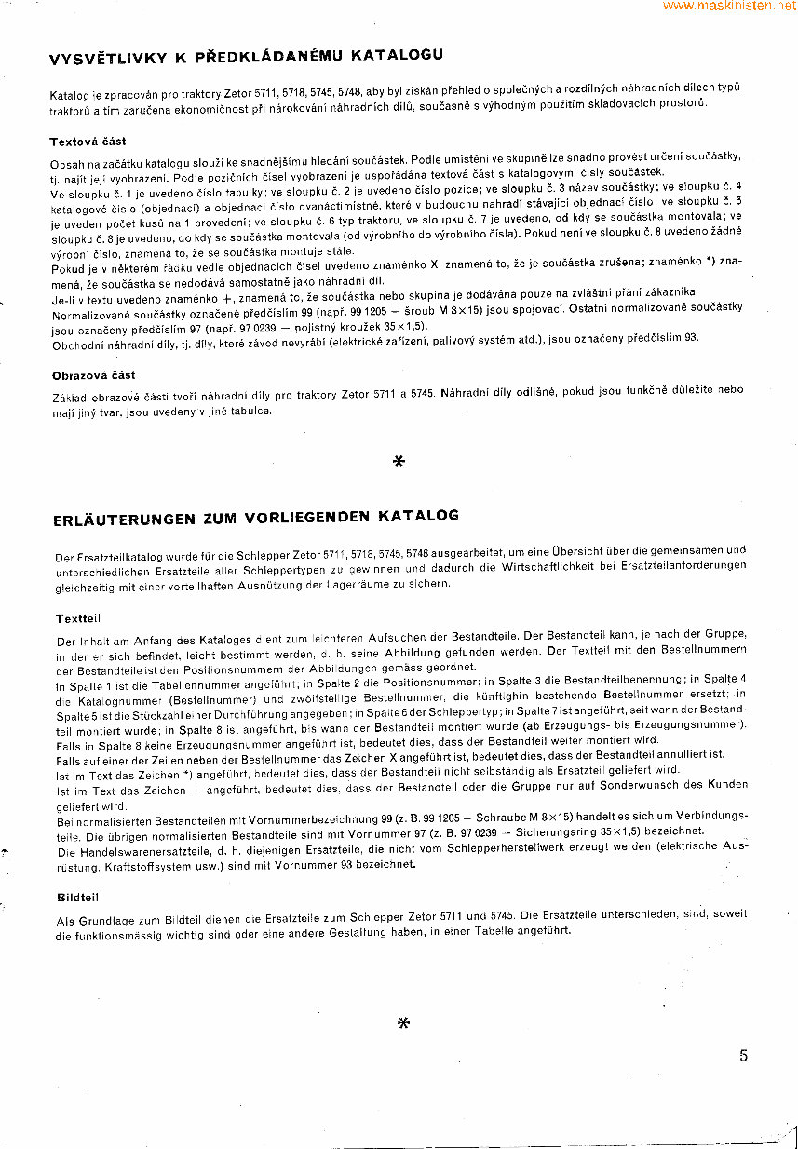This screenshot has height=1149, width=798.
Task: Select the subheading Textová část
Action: click(88, 142)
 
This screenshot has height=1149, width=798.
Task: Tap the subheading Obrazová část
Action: click(93, 375)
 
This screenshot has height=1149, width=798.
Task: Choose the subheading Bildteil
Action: click(76, 898)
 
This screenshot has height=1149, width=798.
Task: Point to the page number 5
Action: click(743, 1056)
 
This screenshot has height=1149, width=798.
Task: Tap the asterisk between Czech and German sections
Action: click(399, 461)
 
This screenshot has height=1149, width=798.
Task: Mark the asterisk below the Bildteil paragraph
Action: click(403, 1023)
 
